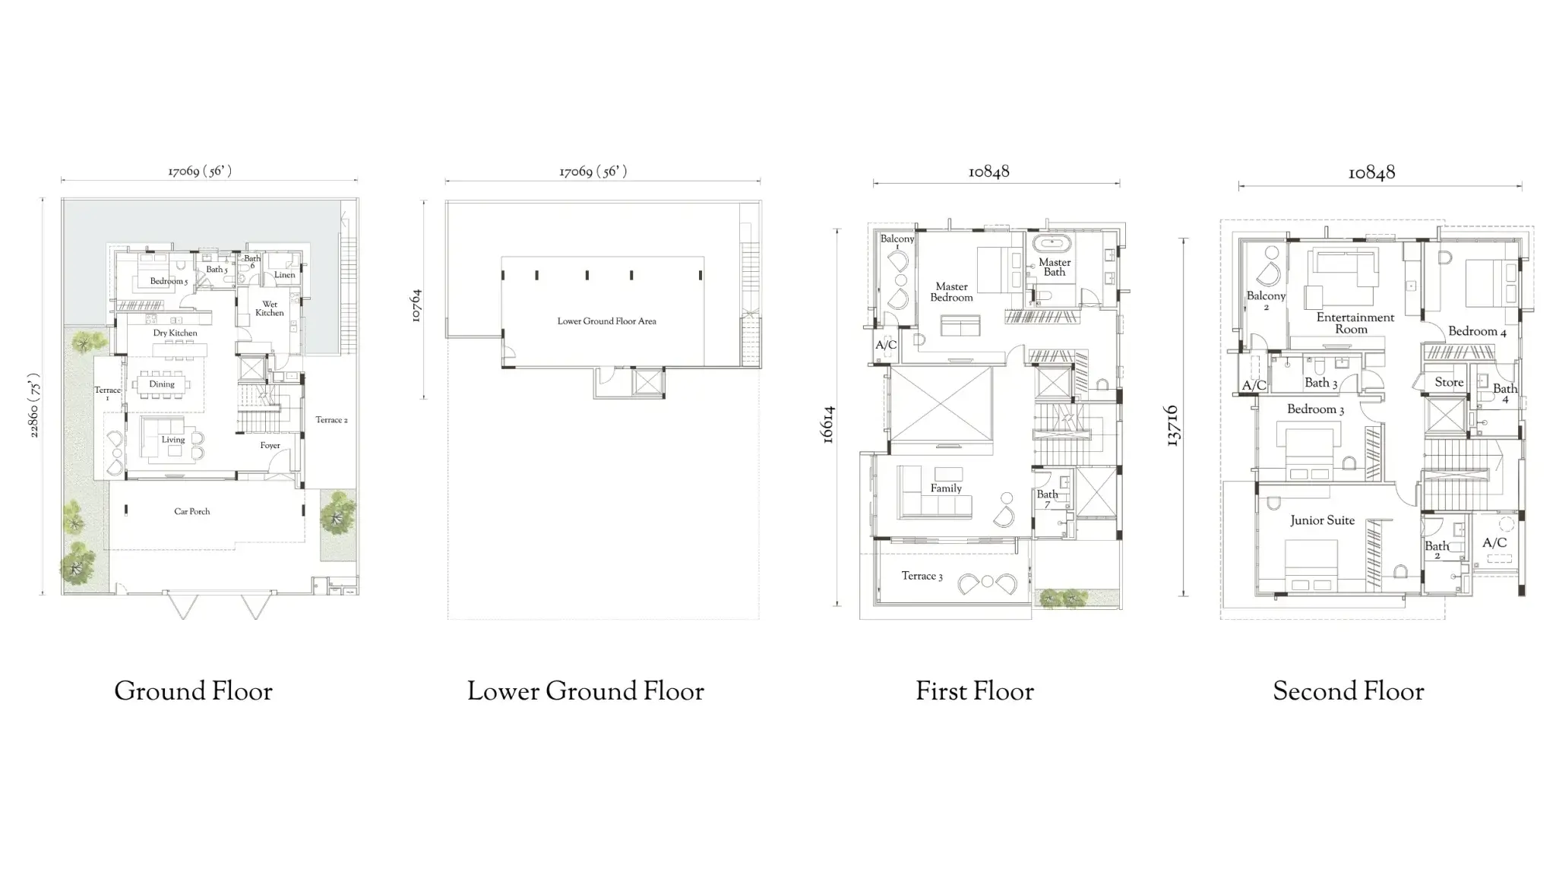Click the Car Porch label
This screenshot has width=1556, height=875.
pos(191,511)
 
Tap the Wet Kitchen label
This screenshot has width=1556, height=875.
pos(269,308)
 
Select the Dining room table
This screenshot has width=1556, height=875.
pos(162,384)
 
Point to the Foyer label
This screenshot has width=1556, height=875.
pos(270,446)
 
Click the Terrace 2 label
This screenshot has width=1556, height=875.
pos(331,420)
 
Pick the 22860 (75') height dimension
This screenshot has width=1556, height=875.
pos(34,405)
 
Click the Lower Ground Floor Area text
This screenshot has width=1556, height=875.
pos(606,321)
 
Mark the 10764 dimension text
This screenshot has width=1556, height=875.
pos(416,306)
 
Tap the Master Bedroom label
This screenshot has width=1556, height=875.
pos(951,292)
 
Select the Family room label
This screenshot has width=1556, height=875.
pos(946,488)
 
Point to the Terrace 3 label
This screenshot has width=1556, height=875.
pos(922,576)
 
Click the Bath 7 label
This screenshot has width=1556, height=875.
pos(1047,498)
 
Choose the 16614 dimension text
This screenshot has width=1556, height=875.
pos(828,425)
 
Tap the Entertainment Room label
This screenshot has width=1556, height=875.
pos(1355,323)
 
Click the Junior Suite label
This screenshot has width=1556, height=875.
pos(1322,520)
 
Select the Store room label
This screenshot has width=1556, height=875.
pos(1448,382)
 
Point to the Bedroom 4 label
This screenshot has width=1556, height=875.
pos(1476,331)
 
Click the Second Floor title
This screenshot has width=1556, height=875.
pos(1348,691)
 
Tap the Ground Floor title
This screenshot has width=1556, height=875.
pos(193,691)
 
